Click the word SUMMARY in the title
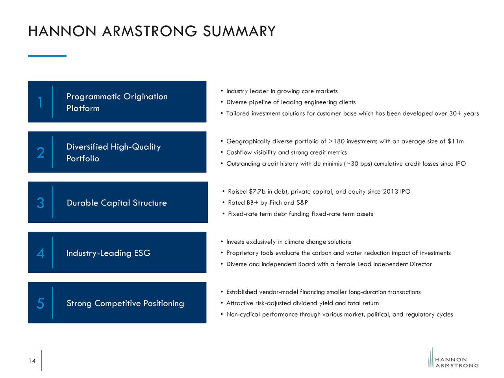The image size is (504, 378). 239,31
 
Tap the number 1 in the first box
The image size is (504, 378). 40,102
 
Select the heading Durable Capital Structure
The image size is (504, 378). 117,203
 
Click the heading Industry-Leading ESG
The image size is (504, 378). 108,253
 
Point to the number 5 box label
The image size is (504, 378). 40,303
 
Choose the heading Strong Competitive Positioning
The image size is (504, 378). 125,303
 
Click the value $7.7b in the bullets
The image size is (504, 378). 257,192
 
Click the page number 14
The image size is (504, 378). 32,361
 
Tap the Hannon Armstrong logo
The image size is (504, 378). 453,358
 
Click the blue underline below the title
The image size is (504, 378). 47,56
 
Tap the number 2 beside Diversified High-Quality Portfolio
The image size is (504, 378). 41,153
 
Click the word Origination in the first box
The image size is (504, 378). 145,96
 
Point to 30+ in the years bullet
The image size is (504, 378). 455,113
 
